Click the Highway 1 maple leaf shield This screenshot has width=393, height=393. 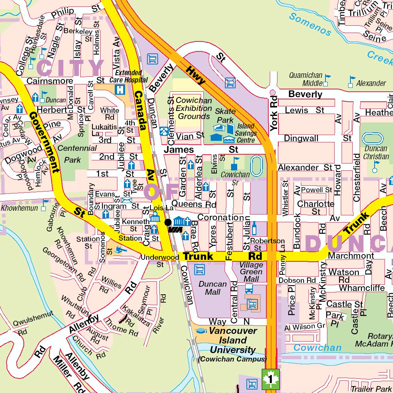[271, 380]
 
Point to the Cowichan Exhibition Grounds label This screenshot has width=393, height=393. [193, 108]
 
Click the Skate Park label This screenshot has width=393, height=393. [225, 115]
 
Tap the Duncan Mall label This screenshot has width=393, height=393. [213, 288]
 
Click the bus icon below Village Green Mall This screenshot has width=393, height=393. [249, 288]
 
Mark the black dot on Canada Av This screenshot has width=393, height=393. [168, 222]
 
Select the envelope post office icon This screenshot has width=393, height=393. [126, 200]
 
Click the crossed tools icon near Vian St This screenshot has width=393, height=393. [164, 131]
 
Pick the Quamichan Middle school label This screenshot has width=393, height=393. [306, 79]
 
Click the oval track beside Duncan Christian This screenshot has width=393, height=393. [372, 139]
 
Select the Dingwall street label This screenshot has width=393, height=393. [301, 138]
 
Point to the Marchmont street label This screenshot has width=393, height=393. [351, 256]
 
